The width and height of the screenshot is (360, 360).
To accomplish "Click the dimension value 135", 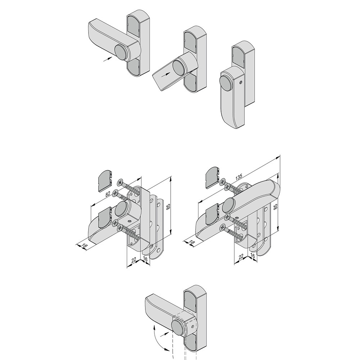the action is [239, 177].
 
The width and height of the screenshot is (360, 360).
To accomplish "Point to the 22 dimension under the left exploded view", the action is [134, 260].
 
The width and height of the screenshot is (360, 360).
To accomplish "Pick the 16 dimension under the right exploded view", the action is [252, 256].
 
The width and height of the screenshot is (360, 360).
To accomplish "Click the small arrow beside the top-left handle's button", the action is [108, 59].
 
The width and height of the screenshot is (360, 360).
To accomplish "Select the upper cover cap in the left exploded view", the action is [105, 181].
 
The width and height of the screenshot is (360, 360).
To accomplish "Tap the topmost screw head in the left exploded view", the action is [120, 183].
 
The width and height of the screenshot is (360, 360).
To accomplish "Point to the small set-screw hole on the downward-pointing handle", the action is [240, 82].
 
